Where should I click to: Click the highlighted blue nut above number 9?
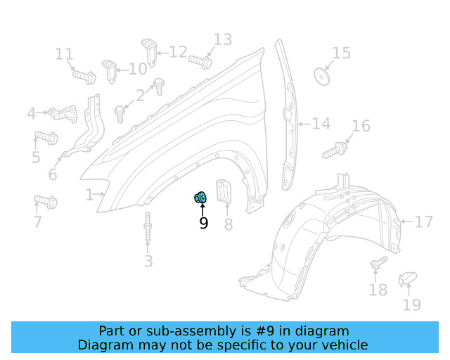(200, 198)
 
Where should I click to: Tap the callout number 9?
(203, 224)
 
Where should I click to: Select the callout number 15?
(341, 53)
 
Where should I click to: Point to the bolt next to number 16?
(335, 150)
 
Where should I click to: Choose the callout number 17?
(423, 222)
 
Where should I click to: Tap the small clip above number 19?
(407, 280)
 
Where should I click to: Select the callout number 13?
(222, 39)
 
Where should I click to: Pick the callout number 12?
(178, 52)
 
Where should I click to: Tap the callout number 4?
(32, 113)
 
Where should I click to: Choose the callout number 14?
(321, 124)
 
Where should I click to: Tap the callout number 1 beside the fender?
(89, 194)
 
